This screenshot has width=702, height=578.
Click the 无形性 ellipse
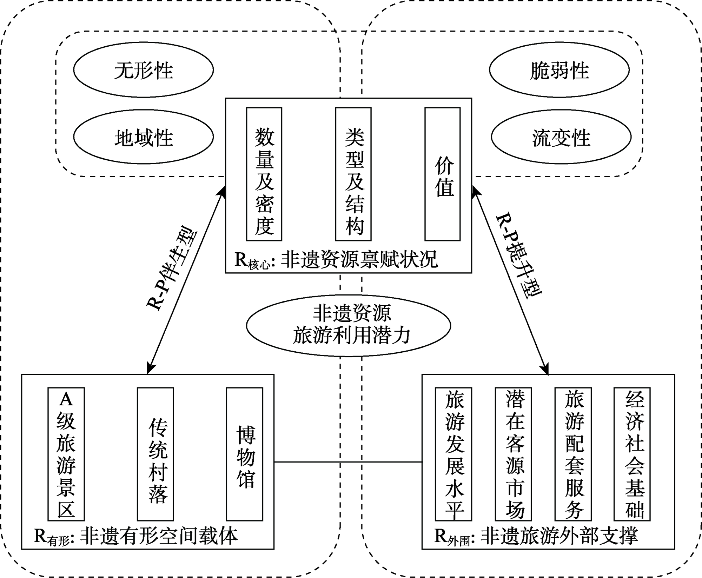click(143, 70)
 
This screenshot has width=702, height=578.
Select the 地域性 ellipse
click(143, 137)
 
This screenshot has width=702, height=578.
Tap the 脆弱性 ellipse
click(559, 70)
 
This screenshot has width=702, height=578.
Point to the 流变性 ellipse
click(561, 137)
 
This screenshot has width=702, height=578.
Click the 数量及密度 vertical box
click(264, 174)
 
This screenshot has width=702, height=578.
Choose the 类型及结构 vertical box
click(353, 174)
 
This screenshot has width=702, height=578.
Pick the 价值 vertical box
click(442, 174)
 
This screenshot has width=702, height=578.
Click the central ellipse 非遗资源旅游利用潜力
click(349, 325)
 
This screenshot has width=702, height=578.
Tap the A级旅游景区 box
click(66, 454)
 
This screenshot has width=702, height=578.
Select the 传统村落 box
click(155, 454)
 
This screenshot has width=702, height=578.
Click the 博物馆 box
click(245, 454)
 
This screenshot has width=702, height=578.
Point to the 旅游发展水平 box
click(453, 454)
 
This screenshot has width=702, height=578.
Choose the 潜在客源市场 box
click(514, 454)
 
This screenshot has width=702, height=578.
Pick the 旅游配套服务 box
click(573, 454)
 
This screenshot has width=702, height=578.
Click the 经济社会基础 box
click(632, 454)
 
